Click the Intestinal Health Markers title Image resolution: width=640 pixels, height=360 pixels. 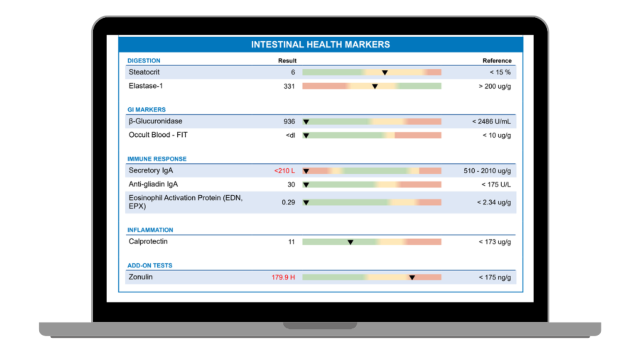[320, 44]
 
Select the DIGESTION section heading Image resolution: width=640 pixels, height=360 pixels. [143, 61]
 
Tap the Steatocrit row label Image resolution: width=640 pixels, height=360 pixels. [144, 72]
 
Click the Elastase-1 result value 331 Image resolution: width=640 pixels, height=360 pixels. [289, 86]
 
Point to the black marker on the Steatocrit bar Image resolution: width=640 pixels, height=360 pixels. [384, 72]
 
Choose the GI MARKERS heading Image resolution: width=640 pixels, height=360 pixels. [146, 109]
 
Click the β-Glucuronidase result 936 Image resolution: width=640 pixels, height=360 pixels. [289, 121]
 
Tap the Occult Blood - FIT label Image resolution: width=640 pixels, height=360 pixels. [158, 135]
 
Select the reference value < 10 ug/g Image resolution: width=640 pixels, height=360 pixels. [496, 135]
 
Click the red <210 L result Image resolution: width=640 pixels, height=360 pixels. [284, 171]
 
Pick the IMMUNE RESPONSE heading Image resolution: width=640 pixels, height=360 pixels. [156, 159]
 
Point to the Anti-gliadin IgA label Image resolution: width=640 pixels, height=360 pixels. [153, 184]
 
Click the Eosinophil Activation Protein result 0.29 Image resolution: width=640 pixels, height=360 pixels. [288, 202]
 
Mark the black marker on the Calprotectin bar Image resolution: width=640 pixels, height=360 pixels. [350, 242]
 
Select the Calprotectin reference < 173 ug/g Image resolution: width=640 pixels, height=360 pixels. [494, 242]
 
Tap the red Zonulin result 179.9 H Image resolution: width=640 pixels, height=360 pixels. [283, 277]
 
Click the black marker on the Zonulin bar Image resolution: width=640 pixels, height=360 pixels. [412, 277]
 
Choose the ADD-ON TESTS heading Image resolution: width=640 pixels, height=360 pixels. [149, 265]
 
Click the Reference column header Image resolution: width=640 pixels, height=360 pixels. [496, 61]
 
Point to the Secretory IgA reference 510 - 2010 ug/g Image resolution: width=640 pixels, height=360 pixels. [487, 171]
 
